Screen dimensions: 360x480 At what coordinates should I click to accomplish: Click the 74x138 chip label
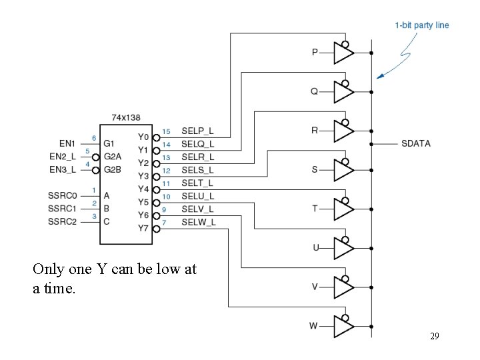pyautogui.click(x=125, y=117)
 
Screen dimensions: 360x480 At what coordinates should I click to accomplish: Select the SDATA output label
pyautogui.click(x=416, y=143)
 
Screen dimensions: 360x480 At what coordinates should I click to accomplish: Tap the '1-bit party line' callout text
pyautogui.click(x=422, y=25)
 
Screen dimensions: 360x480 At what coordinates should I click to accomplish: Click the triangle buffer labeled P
pyautogui.click(x=343, y=53)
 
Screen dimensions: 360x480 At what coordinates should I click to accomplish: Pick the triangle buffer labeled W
pyautogui.click(x=343, y=326)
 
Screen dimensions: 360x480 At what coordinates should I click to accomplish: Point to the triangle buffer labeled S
pyautogui.click(x=343, y=170)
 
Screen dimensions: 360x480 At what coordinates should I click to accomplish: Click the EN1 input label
pyautogui.click(x=67, y=143)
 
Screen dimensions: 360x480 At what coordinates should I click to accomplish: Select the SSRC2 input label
pyautogui.click(x=63, y=221)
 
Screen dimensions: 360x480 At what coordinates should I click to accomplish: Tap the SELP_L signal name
pyautogui.click(x=197, y=131)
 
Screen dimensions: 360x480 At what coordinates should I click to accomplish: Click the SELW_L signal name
pyautogui.click(x=198, y=221)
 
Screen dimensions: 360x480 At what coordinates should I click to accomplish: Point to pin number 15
pyautogui.click(x=166, y=131)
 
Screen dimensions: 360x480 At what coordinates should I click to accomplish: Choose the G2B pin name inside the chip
pyautogui.click(x=112, y=169)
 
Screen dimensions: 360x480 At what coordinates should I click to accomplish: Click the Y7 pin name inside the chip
pyautogui.click(x=143, y=229)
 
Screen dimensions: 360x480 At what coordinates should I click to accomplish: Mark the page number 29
pyautogui.click(x=434, y=337)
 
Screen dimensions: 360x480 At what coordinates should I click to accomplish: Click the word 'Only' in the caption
pyautogui.click(x=47, y=269)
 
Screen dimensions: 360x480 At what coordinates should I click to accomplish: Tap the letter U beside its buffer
pyautogui.click(x=316, y=248)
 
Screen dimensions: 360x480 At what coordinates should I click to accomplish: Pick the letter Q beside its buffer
pyautogui.click(x=315, y=91)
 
